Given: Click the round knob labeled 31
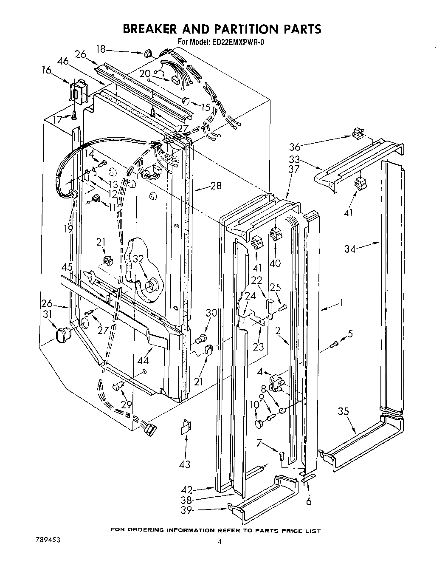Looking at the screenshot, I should [62, 334].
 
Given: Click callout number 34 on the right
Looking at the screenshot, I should [350, 249].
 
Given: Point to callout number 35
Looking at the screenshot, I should [344, 411].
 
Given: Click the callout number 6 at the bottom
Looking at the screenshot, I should [309, 501].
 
